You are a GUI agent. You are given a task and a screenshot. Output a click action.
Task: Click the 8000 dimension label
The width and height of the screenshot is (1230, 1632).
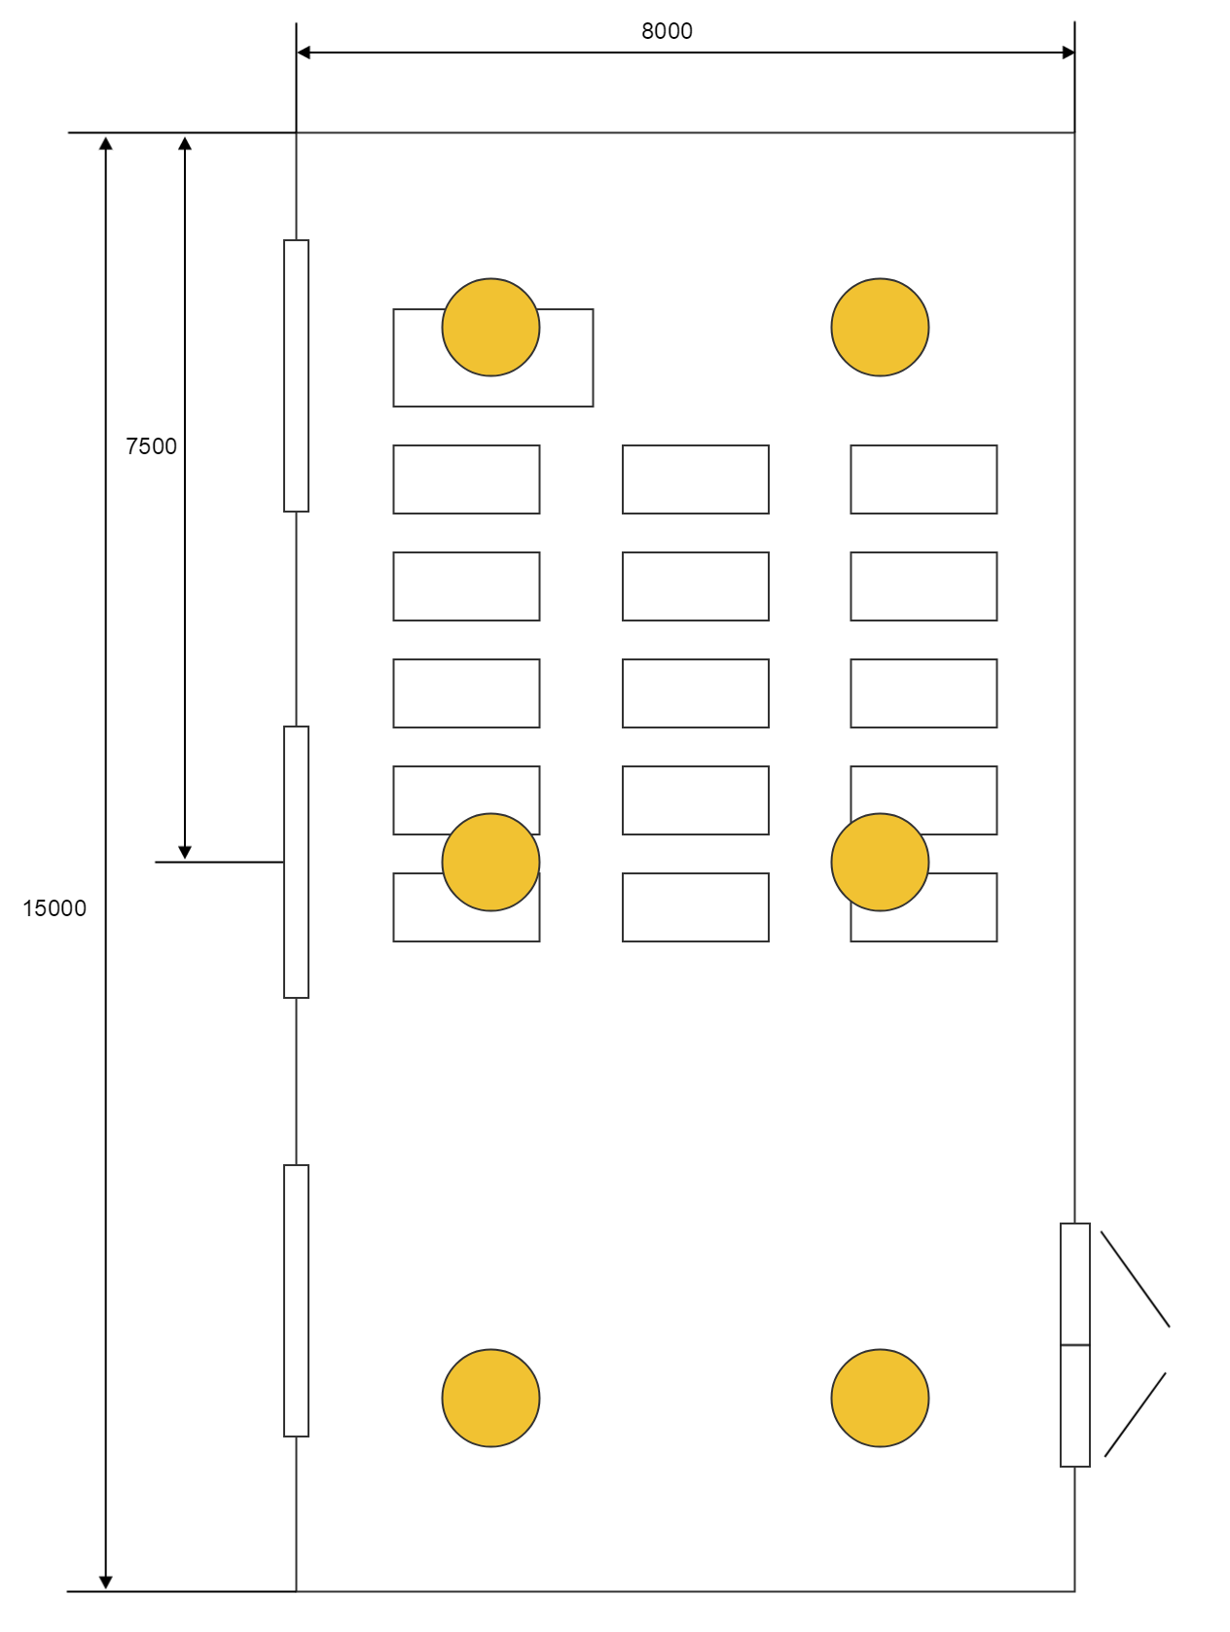click(x=667, y=31)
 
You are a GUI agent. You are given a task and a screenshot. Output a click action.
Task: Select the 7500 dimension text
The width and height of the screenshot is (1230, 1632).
click(x=152, y=446)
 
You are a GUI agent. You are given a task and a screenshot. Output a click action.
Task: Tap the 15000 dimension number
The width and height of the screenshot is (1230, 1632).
click(x=54, y=908)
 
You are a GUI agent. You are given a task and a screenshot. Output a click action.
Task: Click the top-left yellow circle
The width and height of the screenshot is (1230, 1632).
click(x=490, y=328)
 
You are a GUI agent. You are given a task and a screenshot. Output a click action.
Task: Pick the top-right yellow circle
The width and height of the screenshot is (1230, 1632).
click(x=880, y=328)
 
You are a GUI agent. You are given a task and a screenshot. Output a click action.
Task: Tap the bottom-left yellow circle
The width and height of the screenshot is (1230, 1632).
click(x=490, y=1398)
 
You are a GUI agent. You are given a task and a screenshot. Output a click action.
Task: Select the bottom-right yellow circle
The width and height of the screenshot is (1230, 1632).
click(x=880, y=1398)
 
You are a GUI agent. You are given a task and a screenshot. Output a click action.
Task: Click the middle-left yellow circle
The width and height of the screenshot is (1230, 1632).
click(x=490, y=863)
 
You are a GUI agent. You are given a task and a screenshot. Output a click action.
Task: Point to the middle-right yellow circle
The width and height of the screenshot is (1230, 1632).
click(x=880, y=863)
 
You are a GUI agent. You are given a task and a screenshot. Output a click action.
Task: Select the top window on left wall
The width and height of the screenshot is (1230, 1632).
click(x=296, y=375)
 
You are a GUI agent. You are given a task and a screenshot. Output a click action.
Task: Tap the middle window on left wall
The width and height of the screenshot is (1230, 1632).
click(x=296, y=862)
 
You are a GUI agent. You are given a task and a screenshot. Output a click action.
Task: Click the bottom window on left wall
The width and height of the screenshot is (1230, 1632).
click(x=296, y=1300)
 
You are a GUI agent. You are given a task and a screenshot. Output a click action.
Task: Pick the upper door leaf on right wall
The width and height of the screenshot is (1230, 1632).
click(x=1074, y=1284)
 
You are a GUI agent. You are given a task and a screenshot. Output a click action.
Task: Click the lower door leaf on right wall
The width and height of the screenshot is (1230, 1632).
click(x=1074, y=1405)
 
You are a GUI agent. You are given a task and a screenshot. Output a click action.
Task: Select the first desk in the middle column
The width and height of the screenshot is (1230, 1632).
click(x=695, y=479)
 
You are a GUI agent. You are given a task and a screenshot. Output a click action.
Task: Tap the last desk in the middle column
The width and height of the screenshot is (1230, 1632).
click(x=695, y=907)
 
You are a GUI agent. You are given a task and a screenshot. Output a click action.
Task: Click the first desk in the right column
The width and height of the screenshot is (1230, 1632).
click(x=923, y=479)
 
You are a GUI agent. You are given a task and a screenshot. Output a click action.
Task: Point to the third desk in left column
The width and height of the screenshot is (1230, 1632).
click(x=466, y=693)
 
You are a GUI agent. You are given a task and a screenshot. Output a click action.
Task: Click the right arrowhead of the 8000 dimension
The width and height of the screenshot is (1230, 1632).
click(x=1068, y=53)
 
